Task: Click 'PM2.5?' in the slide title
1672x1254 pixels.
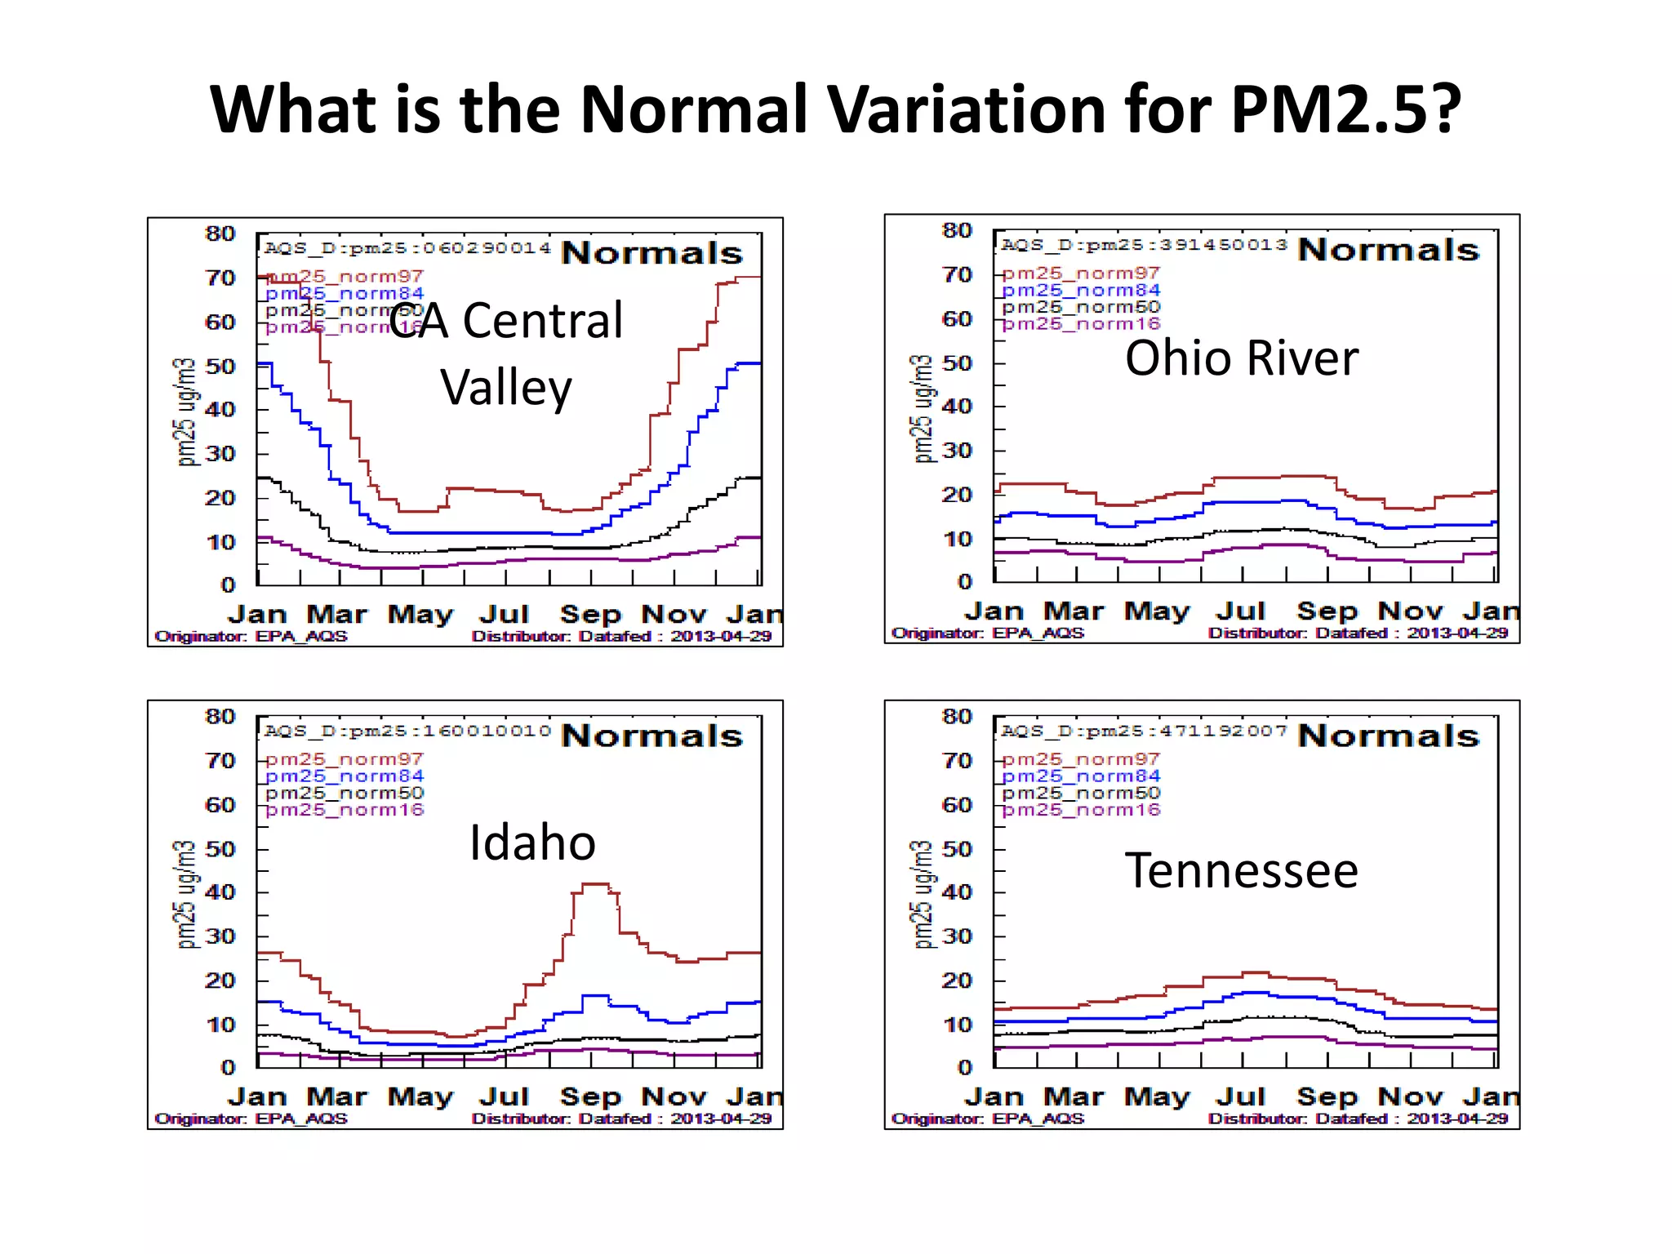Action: (x=1344, y=110)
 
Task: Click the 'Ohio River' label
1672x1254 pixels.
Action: (x=1241, y=358)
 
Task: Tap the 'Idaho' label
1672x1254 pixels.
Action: (x=532, y=843)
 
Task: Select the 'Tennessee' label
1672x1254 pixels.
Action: (x=1241, y=870)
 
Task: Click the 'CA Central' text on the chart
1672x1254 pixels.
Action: (x=505, y=320)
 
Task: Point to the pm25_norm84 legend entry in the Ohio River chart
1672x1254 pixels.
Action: (x=1080, y=291)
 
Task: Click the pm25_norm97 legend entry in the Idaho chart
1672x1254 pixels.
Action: (x=344, y=759)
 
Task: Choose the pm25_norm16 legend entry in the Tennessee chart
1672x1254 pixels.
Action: (x=1080, y=810)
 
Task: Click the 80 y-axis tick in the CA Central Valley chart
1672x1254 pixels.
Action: (x=220, y=234)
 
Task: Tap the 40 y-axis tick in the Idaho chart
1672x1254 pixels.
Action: (x=220, y=892)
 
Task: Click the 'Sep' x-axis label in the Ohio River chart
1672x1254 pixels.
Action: (x=1326, y=611)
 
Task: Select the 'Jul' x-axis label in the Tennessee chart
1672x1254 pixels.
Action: (x=1239, y=1096)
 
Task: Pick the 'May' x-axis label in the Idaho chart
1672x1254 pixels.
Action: (x=420, y=1096)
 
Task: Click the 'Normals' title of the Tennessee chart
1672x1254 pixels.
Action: (x=1388, y=736)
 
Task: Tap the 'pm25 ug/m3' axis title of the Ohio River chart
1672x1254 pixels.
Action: (x=922, y=408)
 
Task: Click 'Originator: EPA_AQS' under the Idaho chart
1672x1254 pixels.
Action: (x=251, y=1118)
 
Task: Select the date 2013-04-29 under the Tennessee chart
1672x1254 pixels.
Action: (x=1456, y=1118)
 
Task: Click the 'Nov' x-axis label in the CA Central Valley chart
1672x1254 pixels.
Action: (x=673, y=614)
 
